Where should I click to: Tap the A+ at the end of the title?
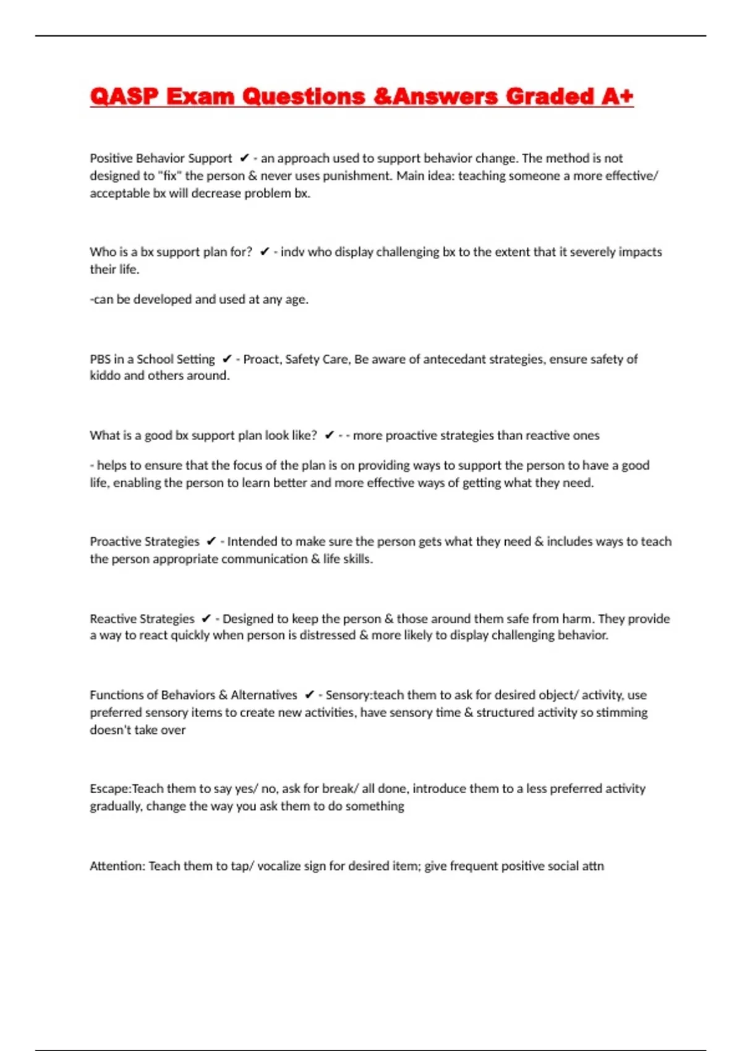coord(616,96)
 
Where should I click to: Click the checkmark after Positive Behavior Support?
coord(244,158)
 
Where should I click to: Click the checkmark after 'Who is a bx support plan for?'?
coord(264,252)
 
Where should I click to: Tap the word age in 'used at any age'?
coord(296,299)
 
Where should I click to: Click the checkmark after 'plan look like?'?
coord(329,435)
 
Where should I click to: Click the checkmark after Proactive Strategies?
coord(211,542)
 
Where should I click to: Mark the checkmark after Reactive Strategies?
coord(206,619)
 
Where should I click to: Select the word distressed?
coord(327,636)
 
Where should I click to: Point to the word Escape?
coord(109,789)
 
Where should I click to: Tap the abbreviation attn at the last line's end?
coord(592,866)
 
